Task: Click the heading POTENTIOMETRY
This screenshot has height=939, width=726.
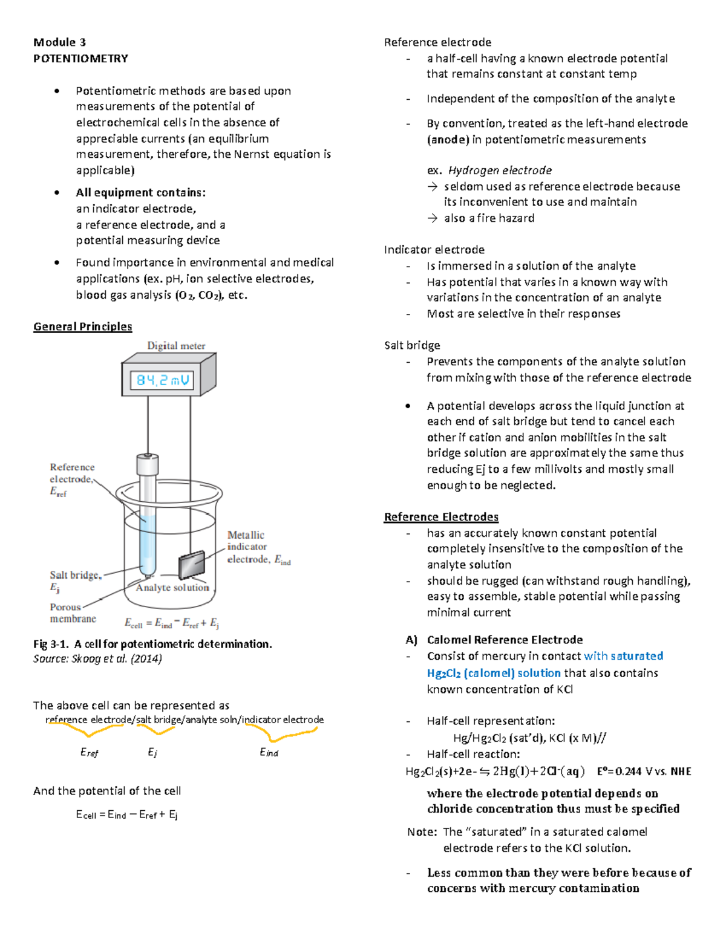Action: pos(81,58)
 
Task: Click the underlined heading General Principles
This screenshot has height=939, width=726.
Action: pos(83,327)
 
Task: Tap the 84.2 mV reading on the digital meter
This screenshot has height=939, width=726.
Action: pos(162,380)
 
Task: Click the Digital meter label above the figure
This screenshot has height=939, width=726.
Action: pos(176,346)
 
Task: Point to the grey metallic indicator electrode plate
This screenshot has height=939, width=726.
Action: pos(192,564)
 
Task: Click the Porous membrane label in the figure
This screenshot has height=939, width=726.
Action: pos(73,612)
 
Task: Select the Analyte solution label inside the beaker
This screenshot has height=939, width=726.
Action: pos(172,588)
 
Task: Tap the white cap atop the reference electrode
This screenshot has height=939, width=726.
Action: pos(148,465)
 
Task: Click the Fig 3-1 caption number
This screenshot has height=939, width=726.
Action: pos(51,645)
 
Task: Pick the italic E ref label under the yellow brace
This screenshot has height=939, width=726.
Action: pos(90,752)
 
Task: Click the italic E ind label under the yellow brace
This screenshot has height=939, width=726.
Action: pos(269,752)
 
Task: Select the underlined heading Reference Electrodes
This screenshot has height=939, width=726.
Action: pos(441,517)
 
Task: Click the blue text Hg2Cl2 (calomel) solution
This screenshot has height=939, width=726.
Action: pos(494,673)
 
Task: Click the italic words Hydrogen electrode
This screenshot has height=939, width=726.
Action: pos(500,171)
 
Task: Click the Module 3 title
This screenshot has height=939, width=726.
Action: pos(60,42)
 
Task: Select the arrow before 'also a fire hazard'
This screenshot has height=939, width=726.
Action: pos(433,218)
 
